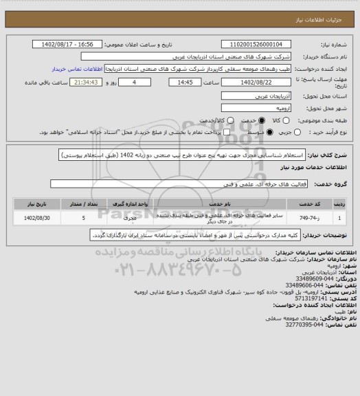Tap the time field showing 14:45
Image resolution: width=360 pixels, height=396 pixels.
click(x=165, y=81)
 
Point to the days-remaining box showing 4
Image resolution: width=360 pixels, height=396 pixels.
click(x=124, y=81)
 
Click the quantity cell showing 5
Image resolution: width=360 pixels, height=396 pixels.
click(x=84, y=218)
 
